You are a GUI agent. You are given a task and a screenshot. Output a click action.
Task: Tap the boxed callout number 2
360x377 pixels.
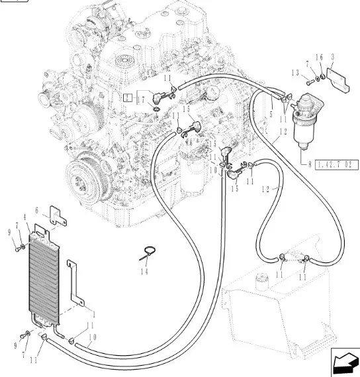pos(127,98)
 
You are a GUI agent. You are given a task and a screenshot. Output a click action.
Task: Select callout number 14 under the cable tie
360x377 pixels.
pos(144,272)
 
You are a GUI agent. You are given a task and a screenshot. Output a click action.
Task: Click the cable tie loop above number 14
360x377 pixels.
pos(148,252)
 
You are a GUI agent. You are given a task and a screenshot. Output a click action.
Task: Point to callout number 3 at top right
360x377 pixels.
pos(333,57)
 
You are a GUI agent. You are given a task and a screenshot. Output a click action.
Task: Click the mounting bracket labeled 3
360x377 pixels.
pos(338,80)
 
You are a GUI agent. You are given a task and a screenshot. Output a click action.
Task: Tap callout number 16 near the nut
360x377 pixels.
pos(320,58)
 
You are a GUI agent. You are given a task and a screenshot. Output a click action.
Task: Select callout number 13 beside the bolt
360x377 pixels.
pos(295,73)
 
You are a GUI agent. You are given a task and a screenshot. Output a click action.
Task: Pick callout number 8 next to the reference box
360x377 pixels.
pos(310,164)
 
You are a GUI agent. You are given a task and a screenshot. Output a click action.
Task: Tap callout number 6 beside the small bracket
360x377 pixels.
pos(36,211)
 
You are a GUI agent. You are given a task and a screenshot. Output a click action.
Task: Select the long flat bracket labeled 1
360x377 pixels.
pos(75,282)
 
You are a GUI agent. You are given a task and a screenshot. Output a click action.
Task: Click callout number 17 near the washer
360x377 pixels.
pos(142,100)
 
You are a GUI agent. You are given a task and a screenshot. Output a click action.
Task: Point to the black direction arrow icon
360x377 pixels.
pos(345,362)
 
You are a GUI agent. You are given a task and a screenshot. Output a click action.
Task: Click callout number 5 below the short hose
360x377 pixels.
pos(271,114)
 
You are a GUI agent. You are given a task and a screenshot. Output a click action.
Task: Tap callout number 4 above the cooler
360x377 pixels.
pos(24,217)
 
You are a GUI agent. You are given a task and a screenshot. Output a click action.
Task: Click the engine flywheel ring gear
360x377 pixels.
pos(89,178)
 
